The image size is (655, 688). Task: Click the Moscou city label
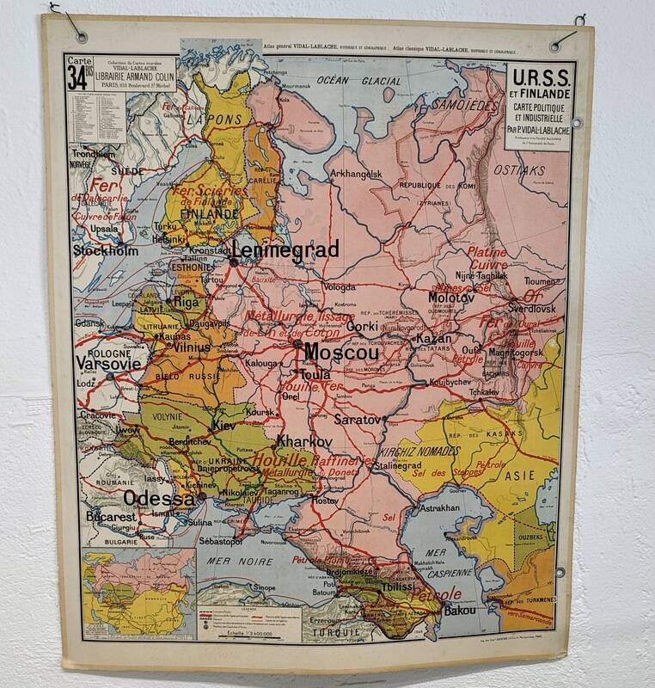pos(341,353)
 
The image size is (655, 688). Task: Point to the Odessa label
pos(159,499)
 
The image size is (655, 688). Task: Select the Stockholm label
pos(105,251)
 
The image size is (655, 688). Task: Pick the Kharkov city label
pos(304,441)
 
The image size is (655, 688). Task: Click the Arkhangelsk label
pos(355,174)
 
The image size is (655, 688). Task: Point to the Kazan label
pos(435,340)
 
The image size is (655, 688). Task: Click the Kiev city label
pos(223,425)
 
